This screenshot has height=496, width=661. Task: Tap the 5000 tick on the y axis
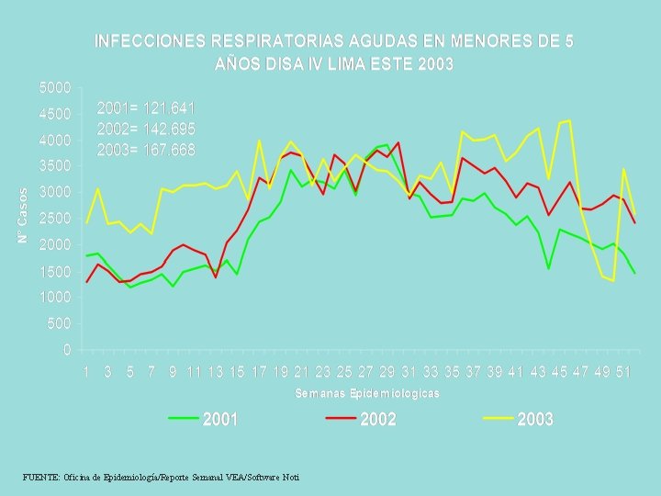[54, 88]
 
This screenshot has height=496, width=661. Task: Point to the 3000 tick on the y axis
[54, 193]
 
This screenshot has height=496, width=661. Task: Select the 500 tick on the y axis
[59, 324]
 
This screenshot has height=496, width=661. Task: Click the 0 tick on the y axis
[66, 350]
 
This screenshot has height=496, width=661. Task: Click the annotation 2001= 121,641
[146, 108]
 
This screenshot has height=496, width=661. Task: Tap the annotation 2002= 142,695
[146, 129]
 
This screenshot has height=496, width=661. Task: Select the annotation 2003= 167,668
[146, 149]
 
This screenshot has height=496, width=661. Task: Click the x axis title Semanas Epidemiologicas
[367, 393]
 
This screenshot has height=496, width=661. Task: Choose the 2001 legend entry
[203, 419]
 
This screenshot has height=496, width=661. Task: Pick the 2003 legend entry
[518, 419]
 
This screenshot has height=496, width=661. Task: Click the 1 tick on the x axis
[86, 372]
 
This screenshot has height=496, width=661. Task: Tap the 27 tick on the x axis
[365, 372]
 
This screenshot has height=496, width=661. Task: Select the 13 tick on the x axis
[215, 372]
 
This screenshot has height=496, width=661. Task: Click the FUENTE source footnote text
[161, 477]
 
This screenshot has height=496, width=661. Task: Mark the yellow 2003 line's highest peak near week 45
[569, 120]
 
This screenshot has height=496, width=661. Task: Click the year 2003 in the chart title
[435, 65]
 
